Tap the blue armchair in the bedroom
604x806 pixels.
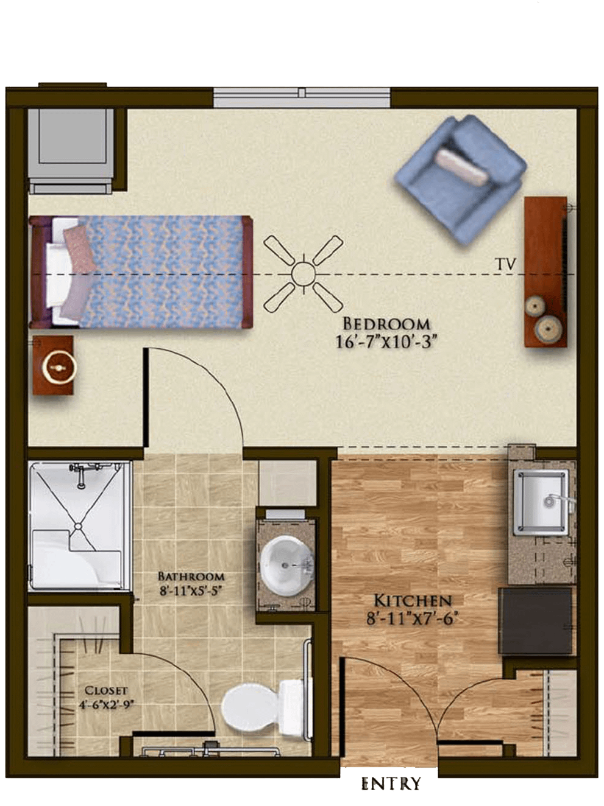460,179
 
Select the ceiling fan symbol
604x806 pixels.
304,273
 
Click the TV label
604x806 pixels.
506,264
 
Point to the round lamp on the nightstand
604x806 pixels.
59,367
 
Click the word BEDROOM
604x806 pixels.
386,324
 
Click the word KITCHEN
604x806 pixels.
413,601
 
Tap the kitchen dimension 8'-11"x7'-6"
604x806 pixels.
413,619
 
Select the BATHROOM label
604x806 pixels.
191,576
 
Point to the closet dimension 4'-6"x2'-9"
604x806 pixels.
106,705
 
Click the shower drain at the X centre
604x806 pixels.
78,526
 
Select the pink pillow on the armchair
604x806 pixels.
462,167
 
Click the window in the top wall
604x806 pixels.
302,97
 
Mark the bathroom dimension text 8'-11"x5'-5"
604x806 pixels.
191,592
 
